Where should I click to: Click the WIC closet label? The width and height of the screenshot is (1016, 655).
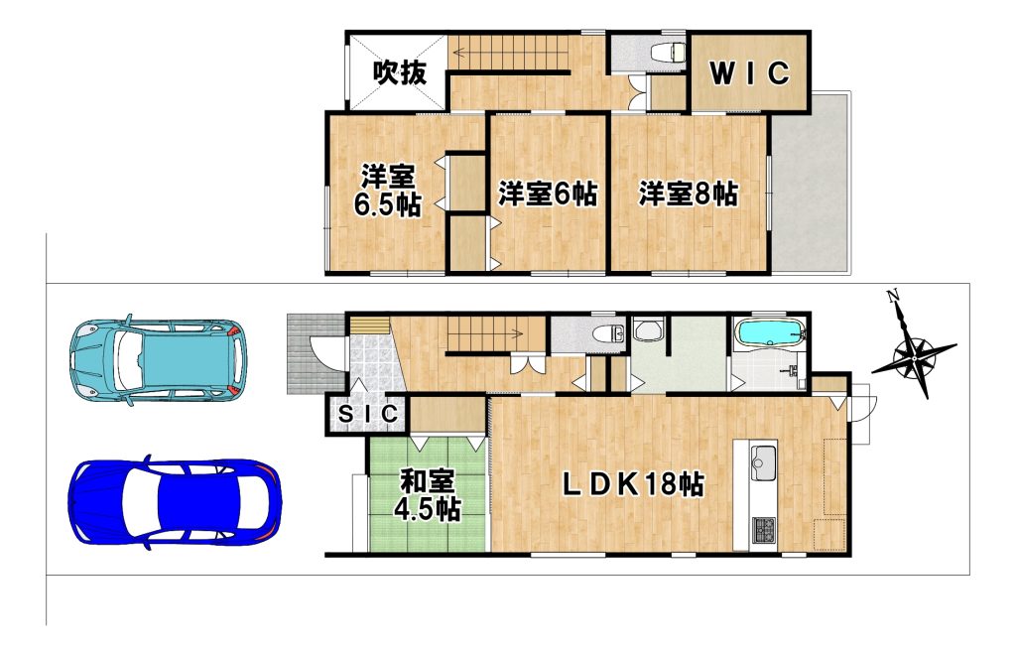pyautogui.click(x=750, y=73)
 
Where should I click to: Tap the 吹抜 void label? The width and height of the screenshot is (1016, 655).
pyautogui.click(x=400, y=71)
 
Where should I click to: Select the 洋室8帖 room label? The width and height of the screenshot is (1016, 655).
pyautogui.click(x=689, y=194)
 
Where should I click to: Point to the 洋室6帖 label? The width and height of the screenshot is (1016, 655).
pyautogui.click(x=548, y=194)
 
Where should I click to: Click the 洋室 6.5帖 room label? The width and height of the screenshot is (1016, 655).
pyautogui.click(x=388, y=191)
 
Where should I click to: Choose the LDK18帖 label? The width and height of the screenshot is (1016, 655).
pyautogui.click(x=632, y=483)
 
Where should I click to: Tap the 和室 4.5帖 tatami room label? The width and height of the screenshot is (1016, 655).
pyautogui.click(x=428, y=495)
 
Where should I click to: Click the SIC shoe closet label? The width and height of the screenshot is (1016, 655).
pyautogui.click(x=367, y=414)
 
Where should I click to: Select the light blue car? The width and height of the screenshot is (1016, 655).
pyautogui.click(x=159, y=359)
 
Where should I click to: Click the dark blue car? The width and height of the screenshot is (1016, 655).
pyautogui.click(x=175, y=502)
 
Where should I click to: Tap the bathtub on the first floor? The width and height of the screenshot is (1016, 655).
pyautogui.click(x=771, y=332)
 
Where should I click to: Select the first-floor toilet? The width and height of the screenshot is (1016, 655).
pyautogui.click(x=608, y=333)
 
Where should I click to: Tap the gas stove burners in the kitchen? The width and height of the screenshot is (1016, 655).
pyautogui.click(x=764, y=531)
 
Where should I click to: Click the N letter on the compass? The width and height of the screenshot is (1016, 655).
pyautogui.click(x=894, y=297)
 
